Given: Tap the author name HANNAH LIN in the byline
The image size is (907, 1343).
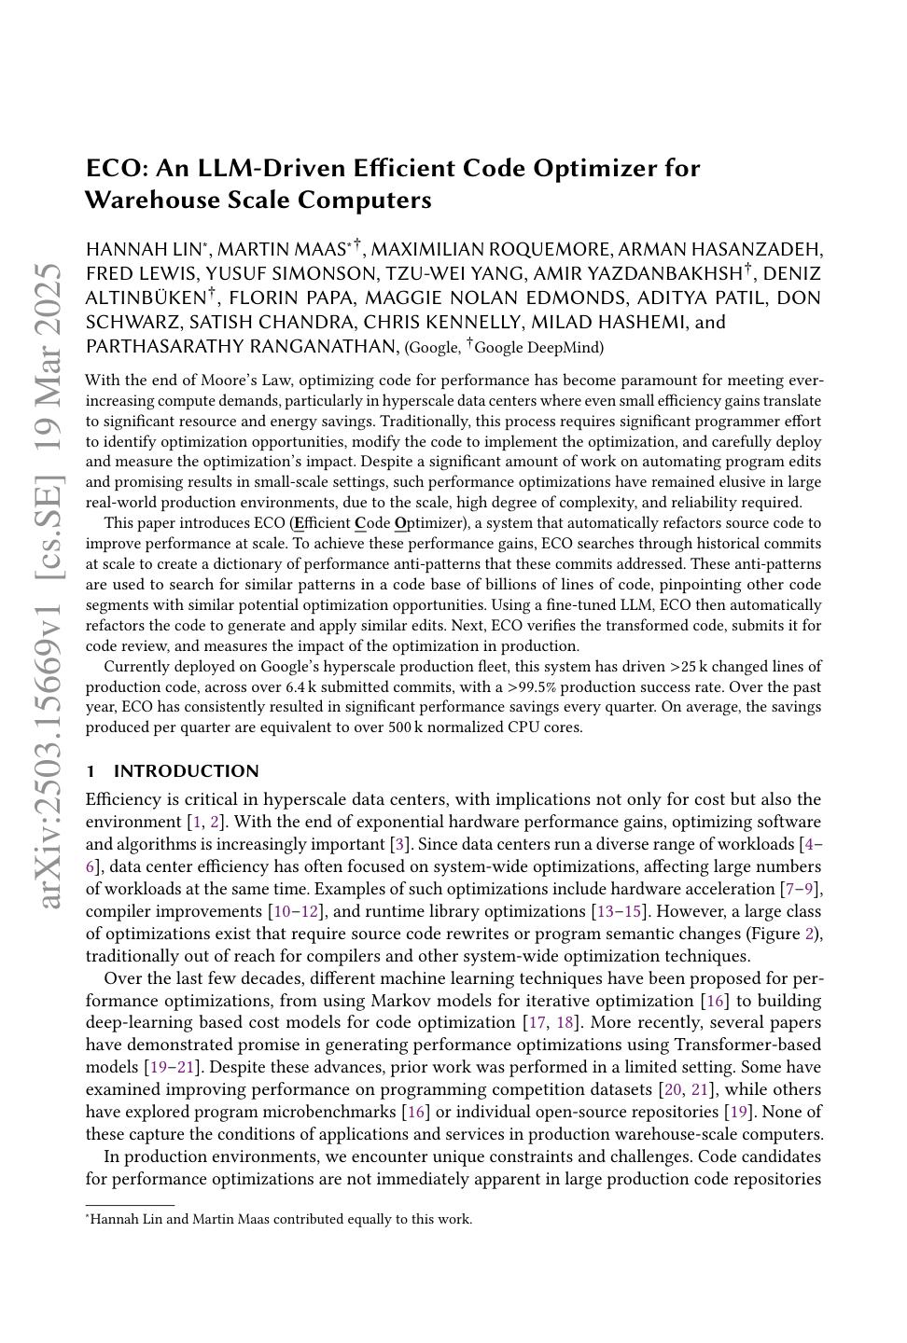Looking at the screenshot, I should [144, 250].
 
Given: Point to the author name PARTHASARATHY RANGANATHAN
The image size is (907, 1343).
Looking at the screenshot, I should [241, 347].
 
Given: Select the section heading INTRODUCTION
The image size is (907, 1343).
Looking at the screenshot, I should [186, 771].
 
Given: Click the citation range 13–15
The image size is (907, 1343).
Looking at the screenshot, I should [616, 911].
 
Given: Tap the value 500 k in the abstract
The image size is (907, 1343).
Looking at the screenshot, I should [406, 727].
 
